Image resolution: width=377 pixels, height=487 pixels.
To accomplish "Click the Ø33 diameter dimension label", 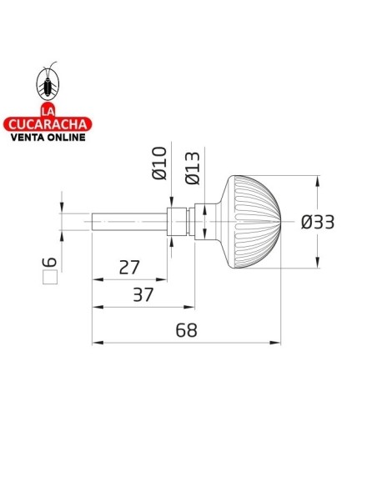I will [317, 223].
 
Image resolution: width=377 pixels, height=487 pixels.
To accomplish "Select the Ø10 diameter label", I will [161, 163].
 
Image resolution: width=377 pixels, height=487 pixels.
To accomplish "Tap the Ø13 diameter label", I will [191, 167].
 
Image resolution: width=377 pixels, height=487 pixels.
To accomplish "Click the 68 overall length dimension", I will [186, 329].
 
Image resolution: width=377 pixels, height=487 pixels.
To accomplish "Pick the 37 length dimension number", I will [143, 296].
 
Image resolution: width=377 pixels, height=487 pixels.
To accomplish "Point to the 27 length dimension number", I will [129, 268].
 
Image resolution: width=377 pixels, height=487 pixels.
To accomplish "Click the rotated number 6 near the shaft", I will [50, 262].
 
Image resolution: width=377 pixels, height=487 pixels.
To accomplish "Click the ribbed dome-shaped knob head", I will [250, 223].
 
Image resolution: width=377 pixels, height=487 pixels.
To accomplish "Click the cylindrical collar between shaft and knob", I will [177, 223].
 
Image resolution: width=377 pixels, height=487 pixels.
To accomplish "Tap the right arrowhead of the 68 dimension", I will [276, 342].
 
